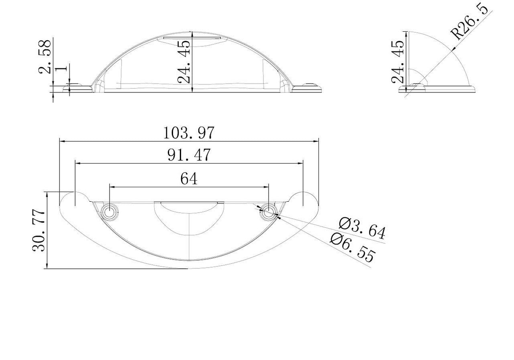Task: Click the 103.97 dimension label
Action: click(x=189, y=133)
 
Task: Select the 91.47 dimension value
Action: click(x=189, y=155)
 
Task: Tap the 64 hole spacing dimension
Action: click(x=189, y=179)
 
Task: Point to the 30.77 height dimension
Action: click(x=39, y=230)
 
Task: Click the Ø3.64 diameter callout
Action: click(x=362, y=229)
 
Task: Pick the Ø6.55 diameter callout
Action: click(x=353, y=247)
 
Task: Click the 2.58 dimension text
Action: click(x=45, y=57)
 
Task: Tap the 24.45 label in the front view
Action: click(x=184, y=62)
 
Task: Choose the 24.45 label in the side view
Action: click(x=398, y=62)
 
